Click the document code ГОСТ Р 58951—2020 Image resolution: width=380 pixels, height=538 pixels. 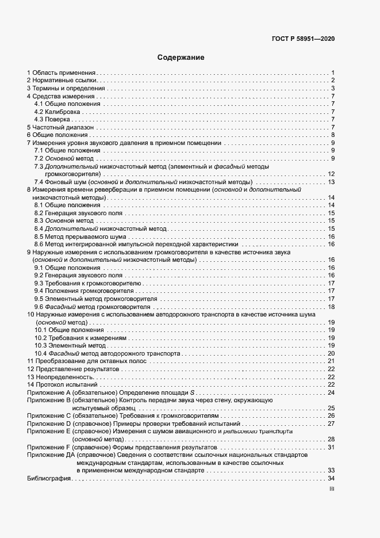point(303,39)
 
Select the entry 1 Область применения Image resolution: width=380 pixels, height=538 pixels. point(62,73)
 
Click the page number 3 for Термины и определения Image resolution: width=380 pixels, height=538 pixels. point(333,89)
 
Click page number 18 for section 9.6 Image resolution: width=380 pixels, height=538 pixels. point(331,307)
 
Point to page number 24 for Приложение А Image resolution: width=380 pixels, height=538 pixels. point(331,392)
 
